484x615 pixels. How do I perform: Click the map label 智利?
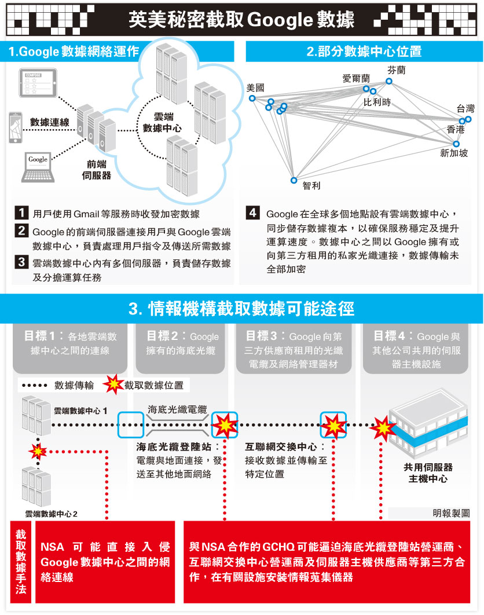click(311, 186)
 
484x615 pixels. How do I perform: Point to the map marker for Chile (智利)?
click(294, 180)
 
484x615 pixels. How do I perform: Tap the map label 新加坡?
click(454, 153)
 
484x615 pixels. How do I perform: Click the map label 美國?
click(255, 87)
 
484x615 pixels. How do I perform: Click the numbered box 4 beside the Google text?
click(252, 213)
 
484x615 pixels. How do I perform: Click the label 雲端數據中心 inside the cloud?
click(163, 122)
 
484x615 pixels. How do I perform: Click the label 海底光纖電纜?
click(177, 409)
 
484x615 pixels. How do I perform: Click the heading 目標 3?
click(266, 336)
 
